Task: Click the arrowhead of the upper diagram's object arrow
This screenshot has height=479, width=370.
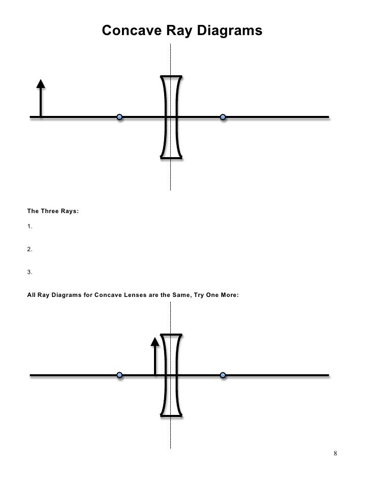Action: coord(41,84)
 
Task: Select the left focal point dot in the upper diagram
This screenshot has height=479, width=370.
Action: coord(119,117)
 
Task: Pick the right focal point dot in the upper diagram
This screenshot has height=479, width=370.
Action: coord(223,117)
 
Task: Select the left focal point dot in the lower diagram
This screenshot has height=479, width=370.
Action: coord(119,375)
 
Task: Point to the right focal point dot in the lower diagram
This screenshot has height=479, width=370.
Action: coord(223,375)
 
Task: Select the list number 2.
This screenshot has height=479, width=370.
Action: coord(29,250)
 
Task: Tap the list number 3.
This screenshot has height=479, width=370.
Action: coord(29,272)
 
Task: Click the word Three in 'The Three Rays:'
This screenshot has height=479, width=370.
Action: coord(50,210)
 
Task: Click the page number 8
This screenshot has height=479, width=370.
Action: coord(336,453)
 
